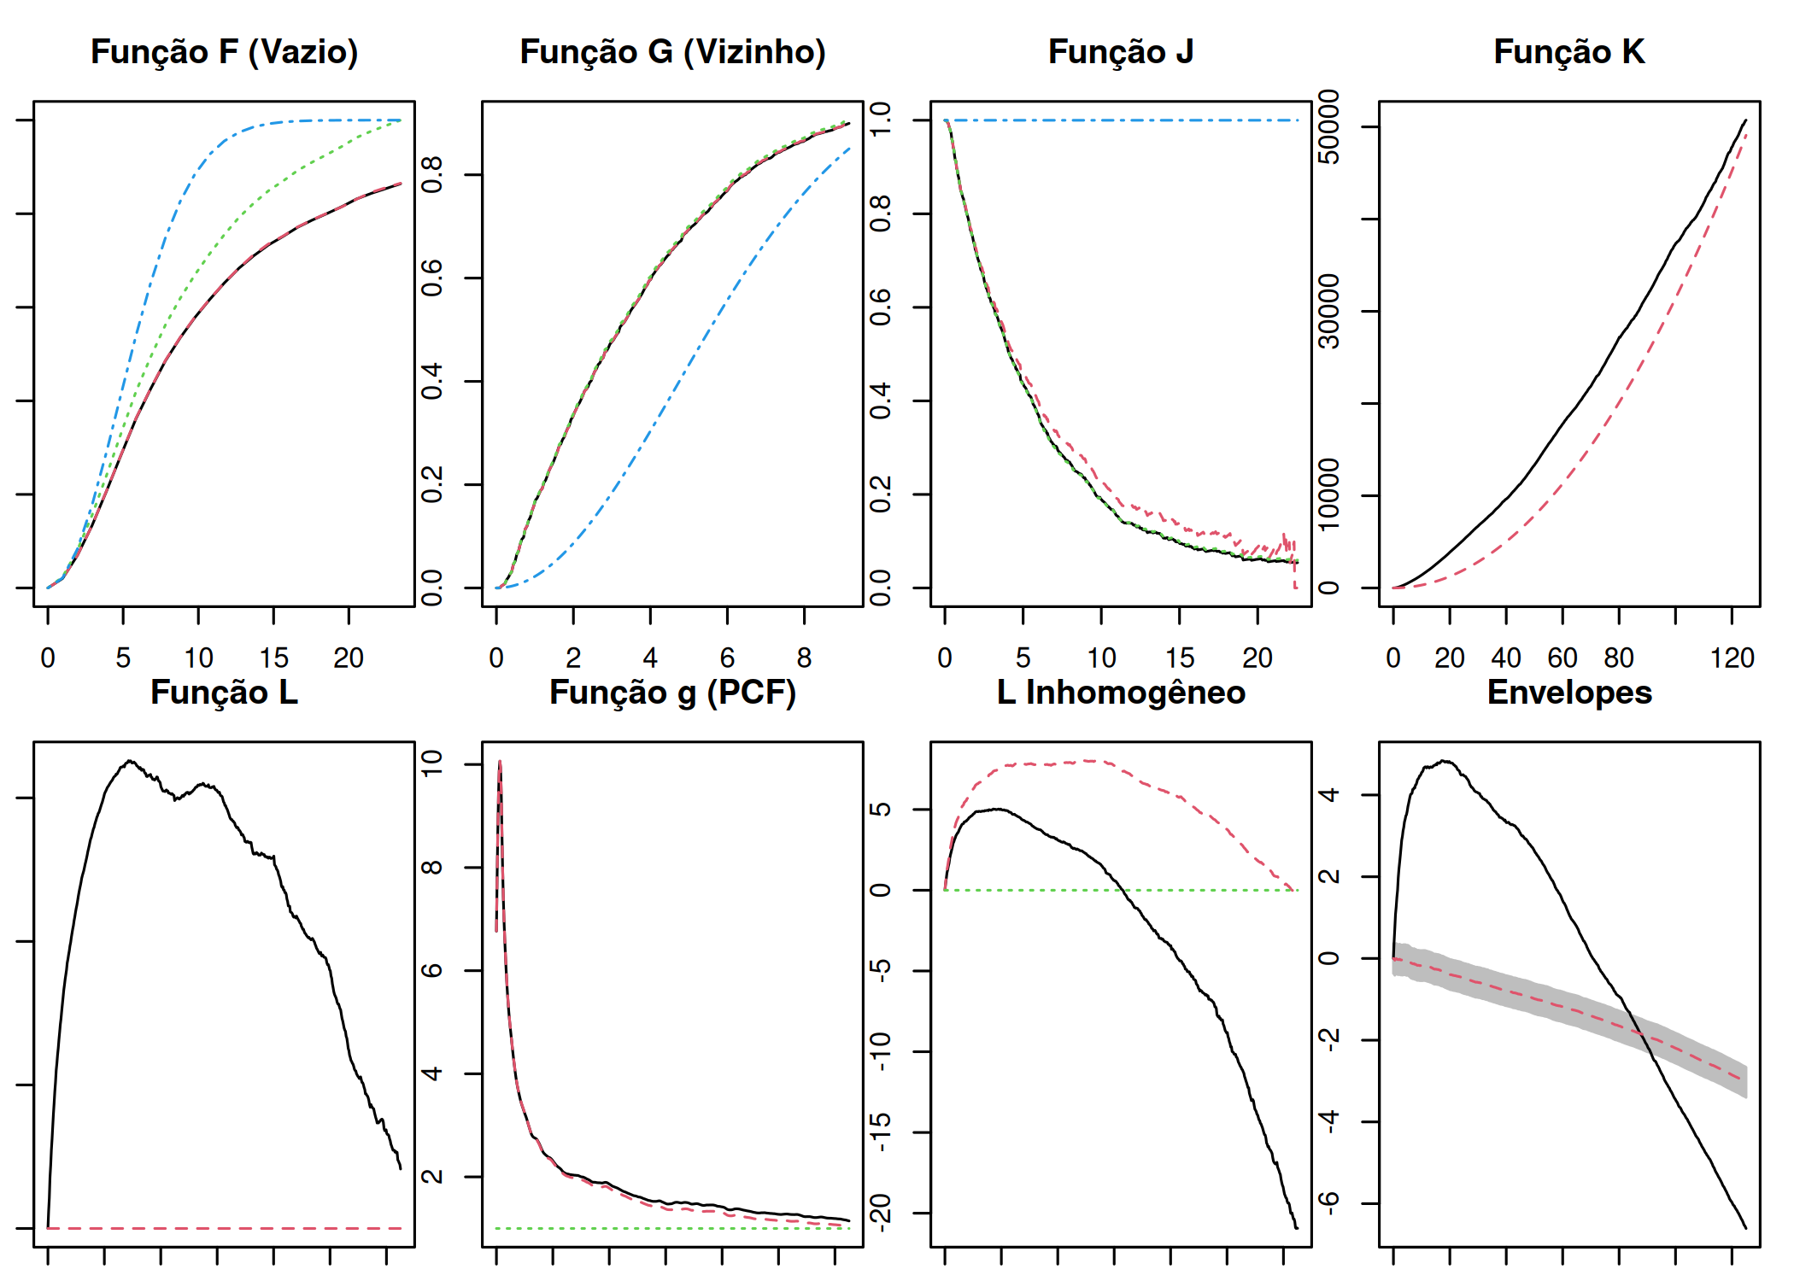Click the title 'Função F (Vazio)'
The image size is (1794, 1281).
224,52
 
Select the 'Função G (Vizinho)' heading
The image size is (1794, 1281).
672,52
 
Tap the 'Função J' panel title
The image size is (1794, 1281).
1121,52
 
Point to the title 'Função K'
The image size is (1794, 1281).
1569,52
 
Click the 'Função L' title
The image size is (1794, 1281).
224,693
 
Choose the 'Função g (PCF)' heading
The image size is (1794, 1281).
672,693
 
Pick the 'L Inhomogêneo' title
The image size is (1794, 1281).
1121,693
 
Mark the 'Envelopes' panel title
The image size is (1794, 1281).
1569,693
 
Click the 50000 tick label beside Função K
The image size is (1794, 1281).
1329,127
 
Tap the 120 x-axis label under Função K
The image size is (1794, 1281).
1732,658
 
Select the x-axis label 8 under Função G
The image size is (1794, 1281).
804,658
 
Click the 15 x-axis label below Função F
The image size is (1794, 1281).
273,658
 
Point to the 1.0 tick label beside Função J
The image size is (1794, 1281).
881,120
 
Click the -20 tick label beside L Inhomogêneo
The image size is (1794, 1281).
881,1212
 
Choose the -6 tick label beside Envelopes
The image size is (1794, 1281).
1329,1203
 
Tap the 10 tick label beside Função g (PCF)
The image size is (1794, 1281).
432,763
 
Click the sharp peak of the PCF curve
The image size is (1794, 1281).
500,761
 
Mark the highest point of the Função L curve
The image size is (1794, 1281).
130,761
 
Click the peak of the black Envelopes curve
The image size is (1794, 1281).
1445,761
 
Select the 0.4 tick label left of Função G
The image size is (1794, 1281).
432,381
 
